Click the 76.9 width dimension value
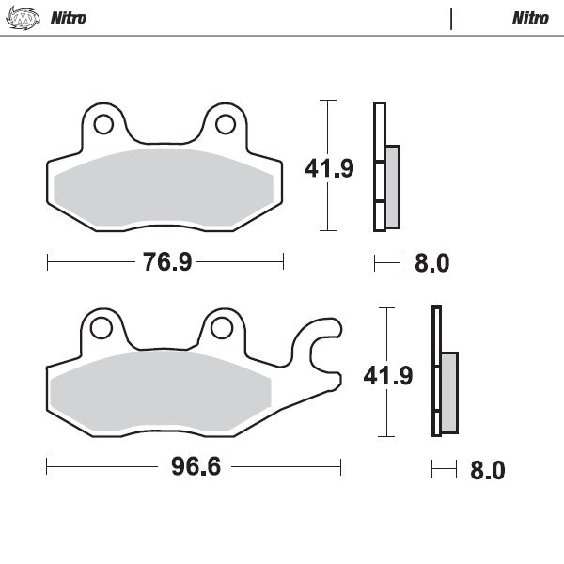click(x=167, y=262)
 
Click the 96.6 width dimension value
click(x=196, y=467)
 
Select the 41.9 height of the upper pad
click(x=328, y=168)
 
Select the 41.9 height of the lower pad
click(x=388, y=376)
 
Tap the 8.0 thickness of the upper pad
click(x=431, y=264)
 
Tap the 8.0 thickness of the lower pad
click(x=487, y=470)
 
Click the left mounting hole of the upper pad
click(x=103, y=124)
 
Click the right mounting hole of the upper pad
click(x=226, y=124)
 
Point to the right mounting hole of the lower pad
click(x=221, y=327)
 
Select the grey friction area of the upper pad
click(x=164, y=188)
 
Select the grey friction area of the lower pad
click(x=160, y=390)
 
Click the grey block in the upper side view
click(x=392, y=186)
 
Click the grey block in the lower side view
click(x=449, y=392)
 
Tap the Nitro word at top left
click(x=68, y=18)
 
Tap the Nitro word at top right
click(x=531, y=18)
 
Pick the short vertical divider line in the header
click(x=452, y=18)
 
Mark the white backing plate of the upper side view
click(x=379, y=132)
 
